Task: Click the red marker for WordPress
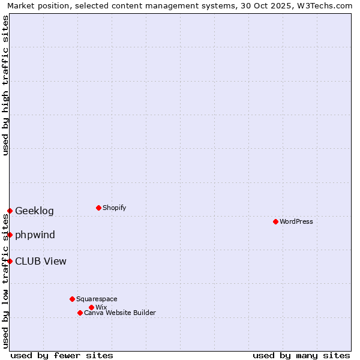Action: (x=275, y=221)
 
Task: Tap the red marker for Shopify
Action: (x=98, y=208)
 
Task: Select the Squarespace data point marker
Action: (x=72, y=299)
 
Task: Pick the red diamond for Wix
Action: (x=91, y=307)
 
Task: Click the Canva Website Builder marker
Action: (x=80, y=313)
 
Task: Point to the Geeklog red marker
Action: (x=10, y=211)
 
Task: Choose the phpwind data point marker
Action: (x=10, y=235)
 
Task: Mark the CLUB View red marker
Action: (x=10, y=261)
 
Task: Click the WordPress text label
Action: (x=296, y=221)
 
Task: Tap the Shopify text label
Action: (x=115, y=208)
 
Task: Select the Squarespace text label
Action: (x=97, y=299)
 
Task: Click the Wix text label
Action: (x=101, y=307)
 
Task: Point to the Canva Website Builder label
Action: (x=120, y=313)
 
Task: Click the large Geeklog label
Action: (x=34, y=211)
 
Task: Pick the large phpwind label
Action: (x=35, y=235)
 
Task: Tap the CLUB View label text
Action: (x=41, y=261)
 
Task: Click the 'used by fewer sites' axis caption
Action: (x=62, y=355)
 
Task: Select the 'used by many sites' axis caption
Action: (x=301, y=355)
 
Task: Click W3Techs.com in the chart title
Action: (x=326, y=5)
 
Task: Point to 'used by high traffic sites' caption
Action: (x=5, y=85)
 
